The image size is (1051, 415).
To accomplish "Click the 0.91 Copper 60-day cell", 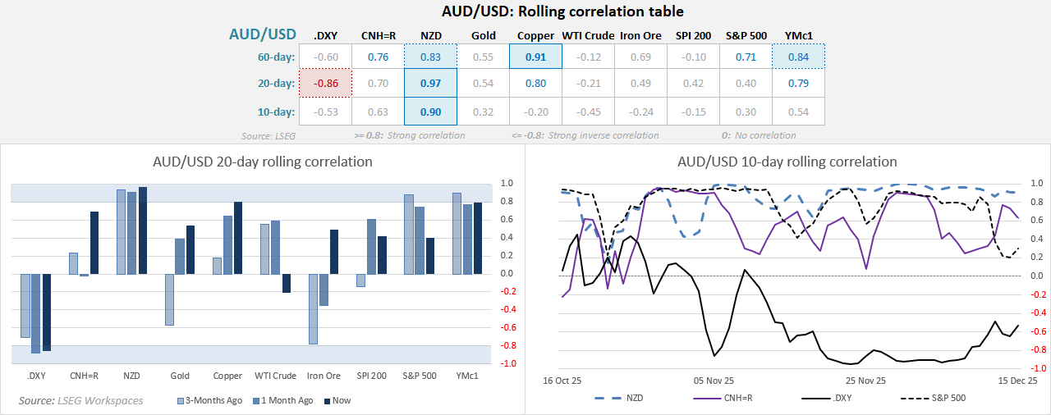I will coord(535,57).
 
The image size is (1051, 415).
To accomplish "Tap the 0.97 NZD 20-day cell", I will coord(429,84).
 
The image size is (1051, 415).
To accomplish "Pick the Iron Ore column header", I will coord(640,36).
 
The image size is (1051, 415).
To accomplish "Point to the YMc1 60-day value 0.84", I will coord(798,57).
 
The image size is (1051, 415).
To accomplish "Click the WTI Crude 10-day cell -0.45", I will coord(588,111).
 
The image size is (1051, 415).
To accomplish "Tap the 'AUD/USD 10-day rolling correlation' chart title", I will coord(787,162).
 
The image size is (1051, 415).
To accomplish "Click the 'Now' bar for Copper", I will coord(238,237).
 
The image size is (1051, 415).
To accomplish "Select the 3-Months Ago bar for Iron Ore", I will coord(313,308).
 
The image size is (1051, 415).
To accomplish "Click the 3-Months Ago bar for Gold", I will coord(169,299).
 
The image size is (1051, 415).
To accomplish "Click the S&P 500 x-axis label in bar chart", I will coord(419,376).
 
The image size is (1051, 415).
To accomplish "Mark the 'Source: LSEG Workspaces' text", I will coord(80,400).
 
